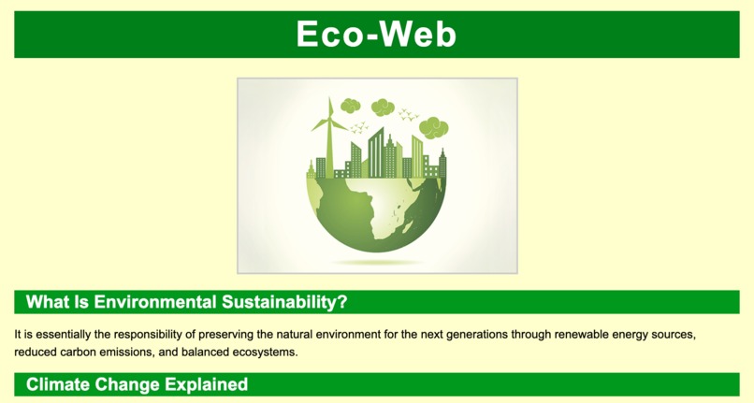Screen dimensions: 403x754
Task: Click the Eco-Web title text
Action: click(376, 35)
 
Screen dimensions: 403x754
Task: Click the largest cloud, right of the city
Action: click(433, 127)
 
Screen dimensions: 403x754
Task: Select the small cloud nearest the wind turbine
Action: click(351, 106)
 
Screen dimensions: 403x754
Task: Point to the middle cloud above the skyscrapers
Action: click(383, 108)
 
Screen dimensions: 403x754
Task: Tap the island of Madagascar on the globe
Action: click(409, 223)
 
